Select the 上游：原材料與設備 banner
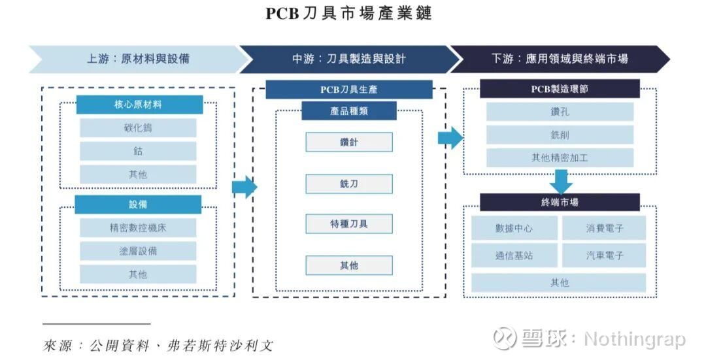click(138, 59)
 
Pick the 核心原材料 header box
click(138, 105)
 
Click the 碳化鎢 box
click(138, 128)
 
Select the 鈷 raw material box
click(138, 151)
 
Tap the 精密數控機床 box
click(138, 228)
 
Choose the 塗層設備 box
click(138, 251)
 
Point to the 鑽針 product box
click(349, 142)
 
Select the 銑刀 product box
click(349, 184)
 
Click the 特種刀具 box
click(349, 224)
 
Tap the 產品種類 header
click(349, 111)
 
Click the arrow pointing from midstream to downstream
click(450, 138)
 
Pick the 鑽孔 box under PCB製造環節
click(560, 112)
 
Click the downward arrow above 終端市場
click(560, 181)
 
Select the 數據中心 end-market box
click(514, 229)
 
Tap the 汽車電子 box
click(605, 255)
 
